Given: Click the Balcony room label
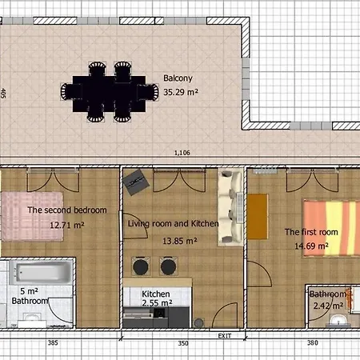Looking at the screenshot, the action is [178, 78].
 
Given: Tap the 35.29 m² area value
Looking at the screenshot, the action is [181, 92].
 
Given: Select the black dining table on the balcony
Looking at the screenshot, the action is [109, 94].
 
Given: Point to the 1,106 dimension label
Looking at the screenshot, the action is [182, 153].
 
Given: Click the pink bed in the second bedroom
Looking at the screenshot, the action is [32, 216].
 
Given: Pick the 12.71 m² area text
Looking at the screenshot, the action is [67, 226].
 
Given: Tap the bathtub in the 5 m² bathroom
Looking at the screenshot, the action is [41, 272].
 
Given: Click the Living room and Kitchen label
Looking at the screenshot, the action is [173, 224].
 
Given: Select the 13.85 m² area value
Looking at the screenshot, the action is [180, 241].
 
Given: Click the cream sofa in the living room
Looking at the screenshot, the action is [230, 207].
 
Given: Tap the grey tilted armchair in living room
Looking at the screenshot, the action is [136, 182].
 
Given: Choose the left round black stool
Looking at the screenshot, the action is [141, 266].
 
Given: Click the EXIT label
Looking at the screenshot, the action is [225, 336].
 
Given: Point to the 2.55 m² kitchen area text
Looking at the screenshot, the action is [157, 303].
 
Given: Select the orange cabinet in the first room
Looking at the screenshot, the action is [258, 217].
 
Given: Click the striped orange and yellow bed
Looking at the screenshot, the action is [331, 228].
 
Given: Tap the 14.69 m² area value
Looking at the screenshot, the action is [311, 246].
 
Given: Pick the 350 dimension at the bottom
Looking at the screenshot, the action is [183, 343].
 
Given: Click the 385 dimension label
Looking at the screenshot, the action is [53, 342].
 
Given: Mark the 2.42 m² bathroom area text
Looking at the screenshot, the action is [328, 306].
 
